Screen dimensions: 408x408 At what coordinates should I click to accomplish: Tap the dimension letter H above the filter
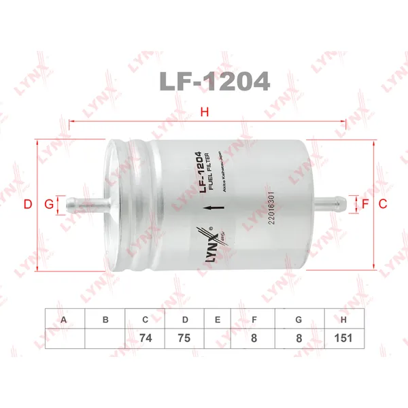(x=203, y=112)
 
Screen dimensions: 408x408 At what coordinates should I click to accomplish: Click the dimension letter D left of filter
(x=28, y=204)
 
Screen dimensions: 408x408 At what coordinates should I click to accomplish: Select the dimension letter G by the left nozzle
(x=48, y=204)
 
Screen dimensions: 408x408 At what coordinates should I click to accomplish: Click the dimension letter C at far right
(x=382, y=204)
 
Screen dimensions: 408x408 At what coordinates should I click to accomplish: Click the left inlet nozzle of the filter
(x=85, y=203)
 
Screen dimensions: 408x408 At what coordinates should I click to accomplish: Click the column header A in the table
(x=65, y=320)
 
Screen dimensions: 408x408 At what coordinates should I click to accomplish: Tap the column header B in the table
(x=105, y=320)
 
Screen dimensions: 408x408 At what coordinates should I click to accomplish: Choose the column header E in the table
(x=218, y=320)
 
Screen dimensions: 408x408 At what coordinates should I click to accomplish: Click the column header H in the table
(x=344, y=320)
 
